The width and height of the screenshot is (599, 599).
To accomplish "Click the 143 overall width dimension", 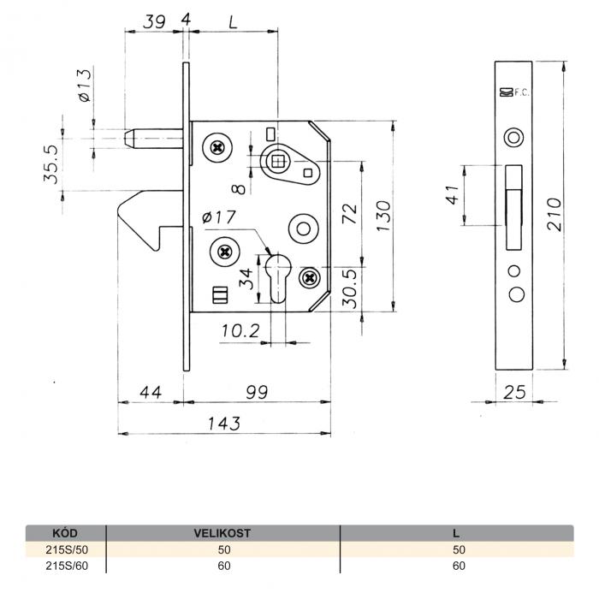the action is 224,424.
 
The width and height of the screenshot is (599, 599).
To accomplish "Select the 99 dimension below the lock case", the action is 257,392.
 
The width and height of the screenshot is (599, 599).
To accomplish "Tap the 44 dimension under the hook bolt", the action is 151,392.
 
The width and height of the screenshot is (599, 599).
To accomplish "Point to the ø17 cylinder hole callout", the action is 219,217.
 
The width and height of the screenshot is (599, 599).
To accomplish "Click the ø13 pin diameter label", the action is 86,86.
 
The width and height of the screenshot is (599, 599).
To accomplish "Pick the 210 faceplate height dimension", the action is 555,214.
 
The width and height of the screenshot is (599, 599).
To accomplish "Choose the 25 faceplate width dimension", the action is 514,392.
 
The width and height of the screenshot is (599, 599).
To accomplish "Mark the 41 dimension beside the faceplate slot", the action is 453,195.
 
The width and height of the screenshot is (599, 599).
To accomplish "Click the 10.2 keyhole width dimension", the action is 240,331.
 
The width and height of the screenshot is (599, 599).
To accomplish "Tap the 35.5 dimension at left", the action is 50,164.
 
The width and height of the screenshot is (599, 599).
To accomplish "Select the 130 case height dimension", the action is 383,216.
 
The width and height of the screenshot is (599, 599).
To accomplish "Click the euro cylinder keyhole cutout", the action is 278,278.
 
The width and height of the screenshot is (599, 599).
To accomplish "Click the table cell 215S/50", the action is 67,549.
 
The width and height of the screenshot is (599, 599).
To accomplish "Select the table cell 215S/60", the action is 67,566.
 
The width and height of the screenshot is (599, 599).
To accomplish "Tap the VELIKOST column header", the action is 222,533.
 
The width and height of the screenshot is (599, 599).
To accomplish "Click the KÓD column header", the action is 64,533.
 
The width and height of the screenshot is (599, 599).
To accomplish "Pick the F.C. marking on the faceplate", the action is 521,92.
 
